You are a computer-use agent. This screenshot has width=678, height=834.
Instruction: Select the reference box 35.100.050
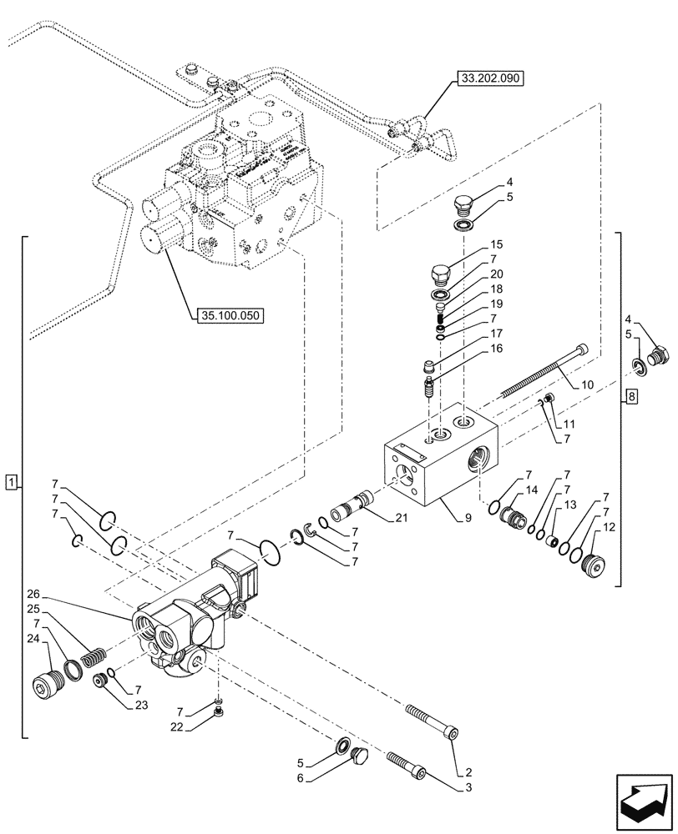coord(230,315)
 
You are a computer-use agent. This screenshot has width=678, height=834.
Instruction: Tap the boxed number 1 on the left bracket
coord(10,482)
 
